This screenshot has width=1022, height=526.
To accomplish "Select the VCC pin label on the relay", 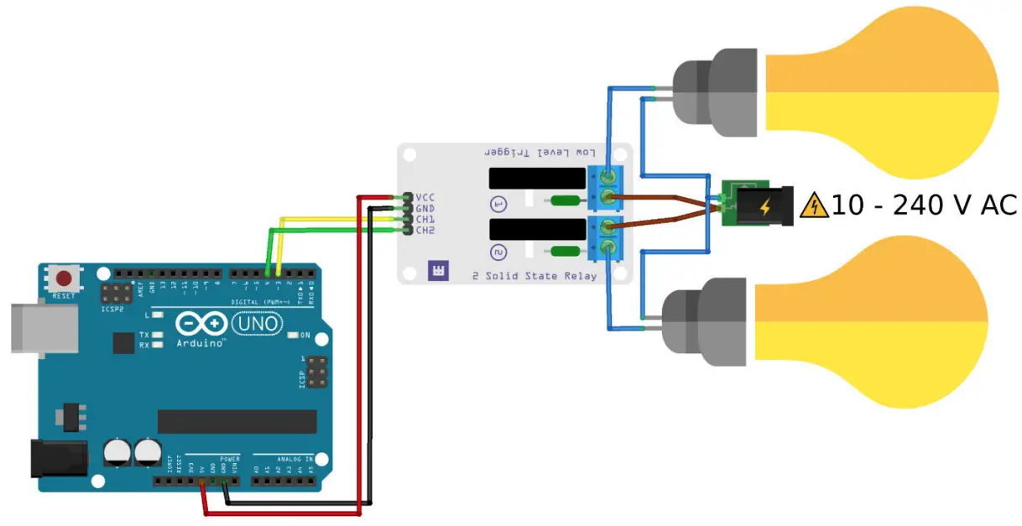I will [425, 197].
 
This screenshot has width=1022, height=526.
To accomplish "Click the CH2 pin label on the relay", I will [425, 230].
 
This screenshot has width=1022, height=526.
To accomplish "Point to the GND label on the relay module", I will [425, 208].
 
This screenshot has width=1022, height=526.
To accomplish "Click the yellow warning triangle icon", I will [813, 205].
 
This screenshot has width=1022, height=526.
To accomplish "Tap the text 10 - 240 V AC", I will [924, 205].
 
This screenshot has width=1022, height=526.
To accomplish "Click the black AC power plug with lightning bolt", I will [764, 206].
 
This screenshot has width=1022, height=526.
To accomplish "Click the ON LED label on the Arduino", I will [305, 336].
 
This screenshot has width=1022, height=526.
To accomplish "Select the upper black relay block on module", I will [536, 178].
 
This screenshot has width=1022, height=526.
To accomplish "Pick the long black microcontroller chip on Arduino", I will [237, 421].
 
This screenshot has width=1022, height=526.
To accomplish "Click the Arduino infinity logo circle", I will [201, 324].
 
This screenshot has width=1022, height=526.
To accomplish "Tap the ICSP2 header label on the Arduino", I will [112, 308].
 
